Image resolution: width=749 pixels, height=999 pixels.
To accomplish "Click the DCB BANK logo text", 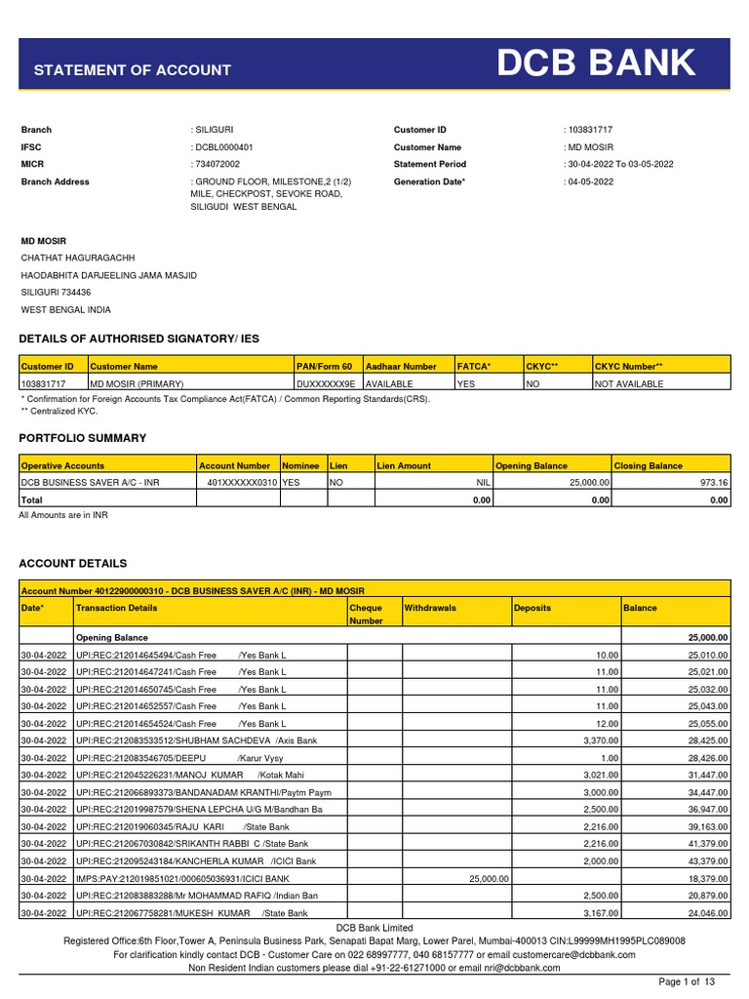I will pyautogui.click(x=597, y=64).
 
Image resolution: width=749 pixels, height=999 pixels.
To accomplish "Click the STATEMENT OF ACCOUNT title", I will pyautogui.click(x=133, y=70).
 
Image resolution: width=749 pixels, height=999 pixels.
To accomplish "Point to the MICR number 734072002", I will pyautogui.click(x=217, y=165).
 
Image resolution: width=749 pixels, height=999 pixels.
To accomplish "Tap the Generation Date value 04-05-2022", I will pyautogui.click(x=590, y=182).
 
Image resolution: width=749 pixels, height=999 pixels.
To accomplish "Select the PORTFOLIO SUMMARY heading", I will pyautogui.click(x=83, y=438).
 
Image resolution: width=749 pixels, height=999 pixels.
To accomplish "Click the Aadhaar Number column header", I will pyautogui.click(x=401, y=366).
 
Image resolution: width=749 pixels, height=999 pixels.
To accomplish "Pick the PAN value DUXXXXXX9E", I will pyautogui.click(x=329, y=384).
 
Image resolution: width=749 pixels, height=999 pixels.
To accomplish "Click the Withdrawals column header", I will pyautogui.click(x=430, y=608).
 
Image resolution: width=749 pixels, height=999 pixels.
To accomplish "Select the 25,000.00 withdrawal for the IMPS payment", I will pyautogui.click(x=489, y=879).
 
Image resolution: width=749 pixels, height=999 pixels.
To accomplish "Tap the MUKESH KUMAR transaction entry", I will pyautogui.click(x=191, y=913).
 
